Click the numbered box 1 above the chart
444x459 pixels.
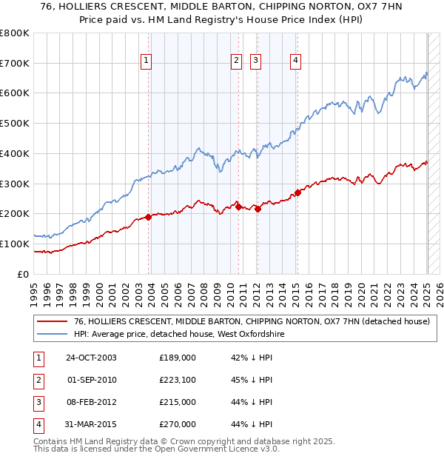tap(147, 61)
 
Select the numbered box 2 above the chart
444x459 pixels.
tap(236, 61)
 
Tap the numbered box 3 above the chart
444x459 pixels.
tap(255, 61)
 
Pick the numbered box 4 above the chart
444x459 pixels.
tap(295, 61)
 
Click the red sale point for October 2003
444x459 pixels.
tap(148, 217)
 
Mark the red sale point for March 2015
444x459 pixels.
tap(297, 192)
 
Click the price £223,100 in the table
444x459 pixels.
tap(178, 381)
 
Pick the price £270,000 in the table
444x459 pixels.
tap(178, 425)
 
